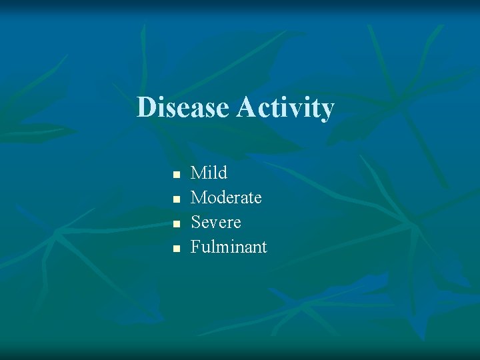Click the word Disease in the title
183,107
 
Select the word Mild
209,173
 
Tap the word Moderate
226,198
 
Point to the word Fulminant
229,247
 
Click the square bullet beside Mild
176,175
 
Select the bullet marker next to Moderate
176,199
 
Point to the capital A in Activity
245,107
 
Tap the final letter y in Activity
326,110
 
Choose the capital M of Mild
199,173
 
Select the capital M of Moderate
199,198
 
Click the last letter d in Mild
223,173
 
